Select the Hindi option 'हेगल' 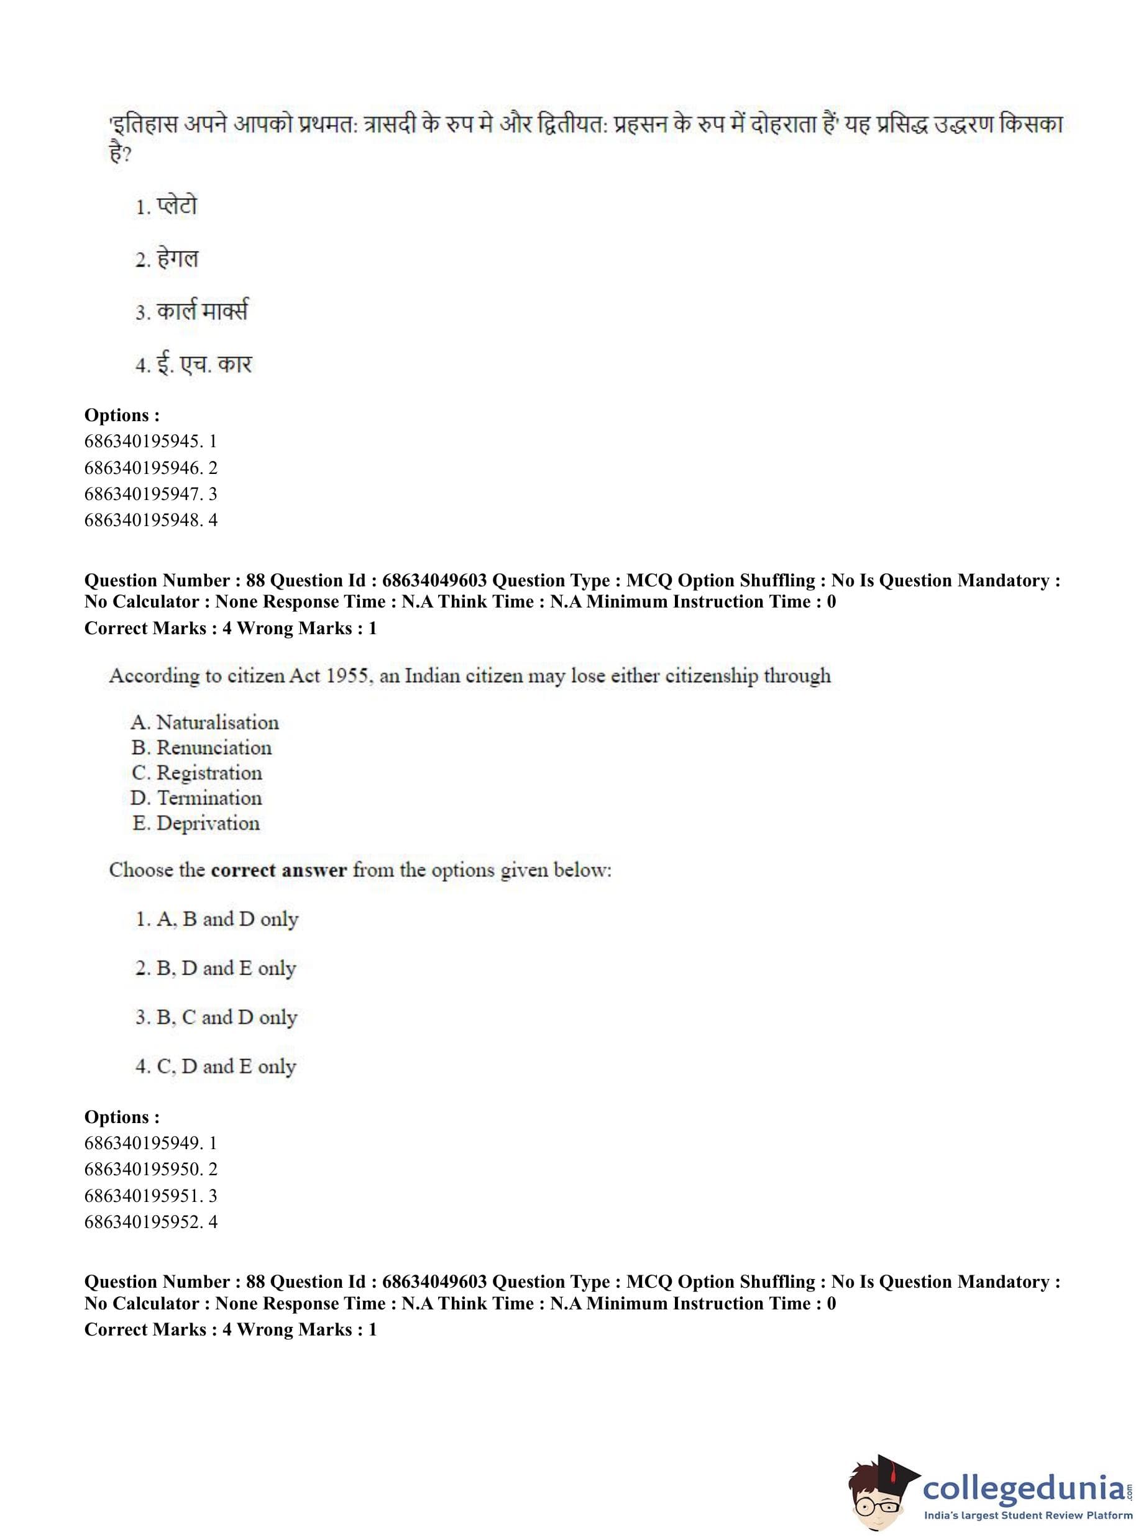click(177, 259)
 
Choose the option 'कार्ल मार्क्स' click(202, 311)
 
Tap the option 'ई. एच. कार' click(204, 364)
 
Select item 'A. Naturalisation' click(205, 723)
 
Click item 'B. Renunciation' click(202, 748)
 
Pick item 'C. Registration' click(197, 773)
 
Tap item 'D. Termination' click(197, 798)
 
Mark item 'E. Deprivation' click(196, 824)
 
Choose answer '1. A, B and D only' click(217, 919)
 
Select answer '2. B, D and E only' click(216, 968)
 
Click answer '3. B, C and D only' click(216, 1017)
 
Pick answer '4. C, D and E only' click(216, 1067)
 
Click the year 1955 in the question click(349, 675)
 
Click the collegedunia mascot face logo click(880, 1495)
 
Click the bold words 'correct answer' click(279, 870)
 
